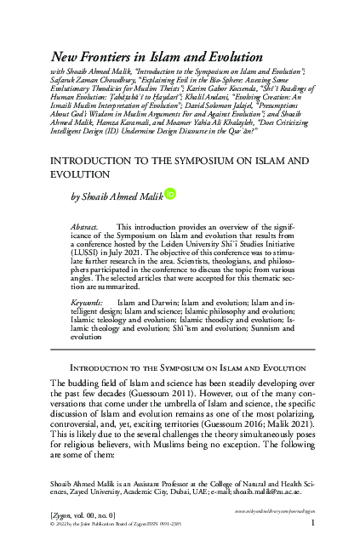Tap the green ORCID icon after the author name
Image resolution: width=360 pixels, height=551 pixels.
click(x=169, y=195)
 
